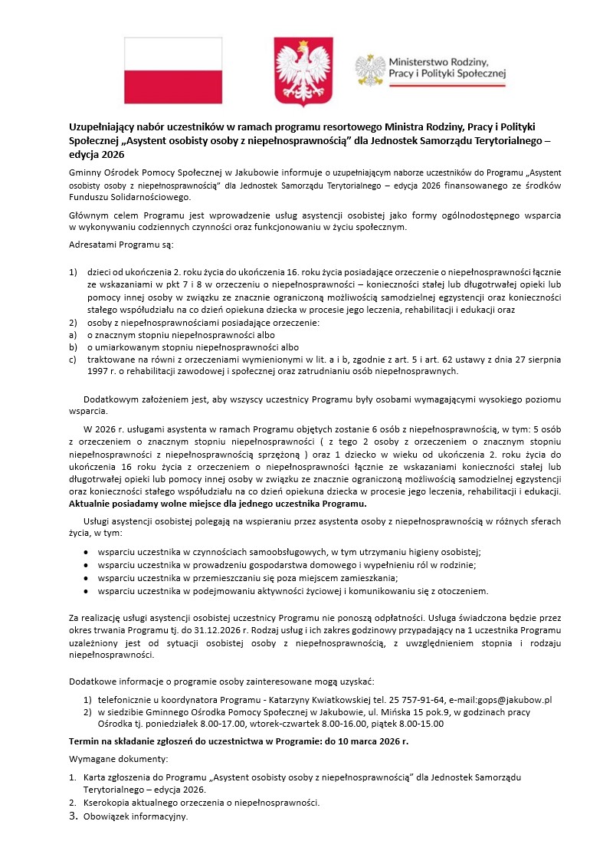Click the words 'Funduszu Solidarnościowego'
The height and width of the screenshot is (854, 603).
(129, 197)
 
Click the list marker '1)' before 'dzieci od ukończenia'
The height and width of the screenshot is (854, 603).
(74, 272)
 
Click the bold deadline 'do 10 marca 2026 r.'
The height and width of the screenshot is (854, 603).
(356, 742)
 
